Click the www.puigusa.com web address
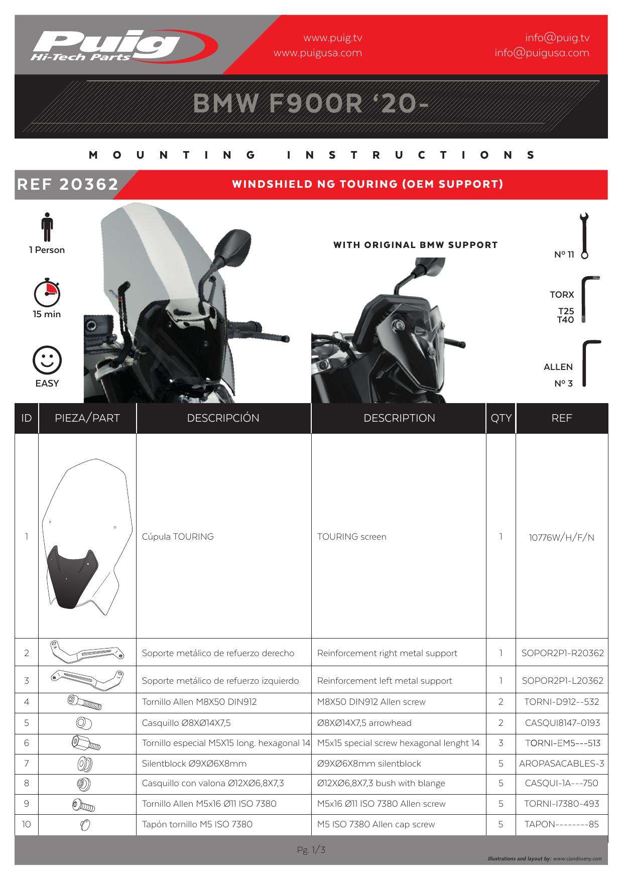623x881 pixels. tap(317, 53)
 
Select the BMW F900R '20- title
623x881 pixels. tap(311, 104)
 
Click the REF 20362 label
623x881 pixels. tap(68, 184)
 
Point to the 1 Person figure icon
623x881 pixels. tap(47, 227)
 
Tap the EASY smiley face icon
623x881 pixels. tap(47, 360)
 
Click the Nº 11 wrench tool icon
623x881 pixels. tap(584, 235)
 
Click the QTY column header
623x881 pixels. tap(501, 418)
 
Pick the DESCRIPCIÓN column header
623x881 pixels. tap(223, 418)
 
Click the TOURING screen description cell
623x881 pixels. tap(352, 537)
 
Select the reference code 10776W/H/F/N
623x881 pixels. tap(561, 538)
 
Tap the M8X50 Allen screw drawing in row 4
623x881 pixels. tap(84, 702)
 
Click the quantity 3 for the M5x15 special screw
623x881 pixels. tap(501, 743)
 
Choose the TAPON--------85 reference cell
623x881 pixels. tap(561, 824)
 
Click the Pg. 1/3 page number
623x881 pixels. tap(311, 850)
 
